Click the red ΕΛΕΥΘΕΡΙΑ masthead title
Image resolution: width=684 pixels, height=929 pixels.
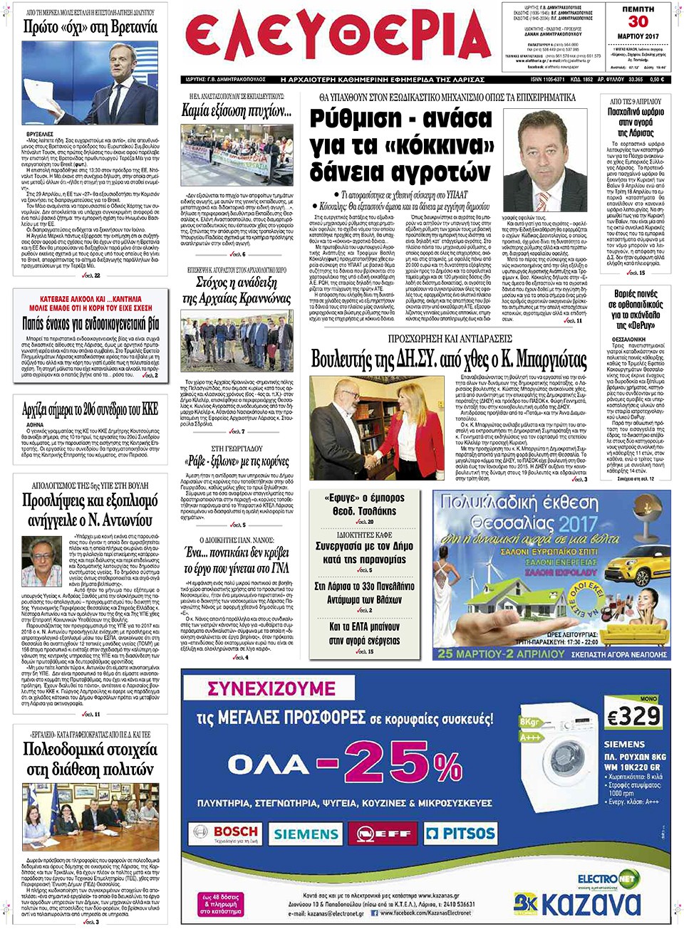click(x=338, y=37)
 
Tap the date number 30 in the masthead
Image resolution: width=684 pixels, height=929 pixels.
click(x=638, y=21)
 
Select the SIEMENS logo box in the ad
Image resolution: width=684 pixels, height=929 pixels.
click(x=306, y=834)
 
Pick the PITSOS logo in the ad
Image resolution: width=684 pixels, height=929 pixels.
click(x=460, y=833)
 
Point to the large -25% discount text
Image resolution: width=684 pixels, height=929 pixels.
click(x=388, y=764)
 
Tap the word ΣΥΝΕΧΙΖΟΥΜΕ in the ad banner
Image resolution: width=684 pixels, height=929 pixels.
click(x=271, y=688)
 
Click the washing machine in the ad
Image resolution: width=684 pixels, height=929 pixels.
click(x=562, y=758)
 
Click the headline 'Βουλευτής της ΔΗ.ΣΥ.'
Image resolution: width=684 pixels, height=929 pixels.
click(x=449, y=359)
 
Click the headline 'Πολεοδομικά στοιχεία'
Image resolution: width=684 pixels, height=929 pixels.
click(x=90, y=759)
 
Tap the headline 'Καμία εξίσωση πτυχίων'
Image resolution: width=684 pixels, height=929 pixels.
click(x=236, y=111)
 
